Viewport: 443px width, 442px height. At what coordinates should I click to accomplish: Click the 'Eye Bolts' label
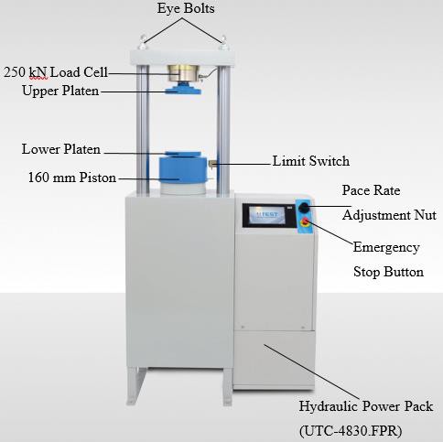coord(186,8)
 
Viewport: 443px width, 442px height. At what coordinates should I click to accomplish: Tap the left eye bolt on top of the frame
coord(142,43)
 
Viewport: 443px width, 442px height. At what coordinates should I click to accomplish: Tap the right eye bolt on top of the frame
coord(223,43)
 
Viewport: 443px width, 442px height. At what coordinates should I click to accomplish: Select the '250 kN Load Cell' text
coord(56,72)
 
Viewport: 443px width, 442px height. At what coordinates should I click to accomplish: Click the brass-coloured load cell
coord(183,73)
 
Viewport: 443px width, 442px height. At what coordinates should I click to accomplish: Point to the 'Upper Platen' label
coord(60,91)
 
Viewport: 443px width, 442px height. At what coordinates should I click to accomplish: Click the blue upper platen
coord(183,90)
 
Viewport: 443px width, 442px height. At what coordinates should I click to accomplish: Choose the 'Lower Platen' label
coord(61,149)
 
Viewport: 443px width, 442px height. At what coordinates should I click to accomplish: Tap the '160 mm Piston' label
coord(72,178)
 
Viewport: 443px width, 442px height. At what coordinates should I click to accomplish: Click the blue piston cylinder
coord(183,169)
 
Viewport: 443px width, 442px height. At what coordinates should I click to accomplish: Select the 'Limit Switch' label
coord(311,161)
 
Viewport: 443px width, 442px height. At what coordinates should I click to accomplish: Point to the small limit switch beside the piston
coord(212,164)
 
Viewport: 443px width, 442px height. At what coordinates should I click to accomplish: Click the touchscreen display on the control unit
coord(267,215)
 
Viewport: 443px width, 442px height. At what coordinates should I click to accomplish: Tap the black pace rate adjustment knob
coord(304,208)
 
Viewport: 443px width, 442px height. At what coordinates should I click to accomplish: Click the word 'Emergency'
coord(386,248)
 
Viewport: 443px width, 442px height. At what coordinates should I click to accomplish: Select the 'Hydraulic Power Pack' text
coord(366,406)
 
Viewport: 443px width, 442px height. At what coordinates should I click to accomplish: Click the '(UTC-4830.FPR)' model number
coord(351,431)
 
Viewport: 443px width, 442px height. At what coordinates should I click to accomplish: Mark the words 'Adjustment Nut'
coord(389,215)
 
